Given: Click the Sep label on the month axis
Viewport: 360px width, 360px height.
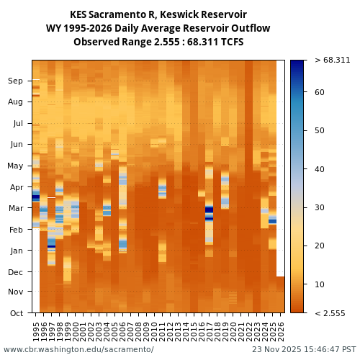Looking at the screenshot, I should pyautogui.click(x=15, y=81).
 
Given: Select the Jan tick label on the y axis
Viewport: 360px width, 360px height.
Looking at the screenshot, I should pyautogui.click(x=15, y=251).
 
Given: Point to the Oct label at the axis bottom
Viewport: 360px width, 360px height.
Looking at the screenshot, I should pyautogui.click(x=15, y=313).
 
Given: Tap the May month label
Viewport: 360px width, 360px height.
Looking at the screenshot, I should pyautogui.click(x=15, y=166).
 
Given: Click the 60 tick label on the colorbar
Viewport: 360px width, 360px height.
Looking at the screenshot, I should pyautogui.click(x=320, y=92).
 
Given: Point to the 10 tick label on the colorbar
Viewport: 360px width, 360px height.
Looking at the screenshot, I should pyautogui.click(x=320, y=284).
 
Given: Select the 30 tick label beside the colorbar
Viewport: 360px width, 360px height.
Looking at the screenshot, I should pyautogui.click(x=320, y=207).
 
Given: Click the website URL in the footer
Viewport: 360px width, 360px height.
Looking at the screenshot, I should pyautogui.click(x=78, y=349).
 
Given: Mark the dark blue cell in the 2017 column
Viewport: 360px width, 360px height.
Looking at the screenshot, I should pyautogui.click(x=210, y=210).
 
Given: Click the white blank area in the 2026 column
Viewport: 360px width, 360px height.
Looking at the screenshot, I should pyautogui.click(x=281, y=166).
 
